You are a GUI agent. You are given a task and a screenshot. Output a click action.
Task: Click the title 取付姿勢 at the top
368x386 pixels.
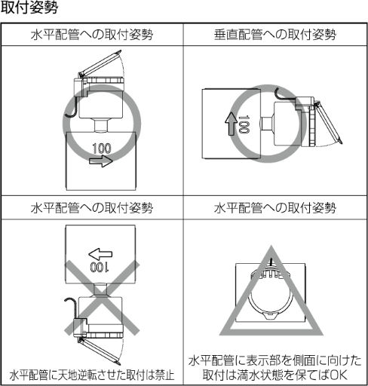29,9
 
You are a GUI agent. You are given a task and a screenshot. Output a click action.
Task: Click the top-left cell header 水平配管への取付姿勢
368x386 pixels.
92,35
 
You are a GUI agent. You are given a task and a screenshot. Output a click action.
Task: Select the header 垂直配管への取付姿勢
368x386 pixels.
274,35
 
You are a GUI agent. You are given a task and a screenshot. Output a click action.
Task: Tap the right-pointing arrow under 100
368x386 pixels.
103,161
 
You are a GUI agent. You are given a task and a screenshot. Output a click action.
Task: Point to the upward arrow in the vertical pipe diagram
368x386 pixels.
230,121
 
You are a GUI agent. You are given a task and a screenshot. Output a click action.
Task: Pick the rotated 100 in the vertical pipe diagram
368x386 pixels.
243,122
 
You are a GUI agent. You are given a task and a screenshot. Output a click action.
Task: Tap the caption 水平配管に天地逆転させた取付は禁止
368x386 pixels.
92,374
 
